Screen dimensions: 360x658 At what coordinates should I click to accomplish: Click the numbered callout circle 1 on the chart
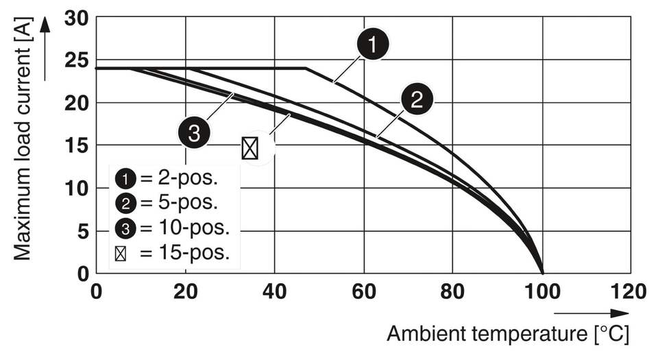tap(372, 45)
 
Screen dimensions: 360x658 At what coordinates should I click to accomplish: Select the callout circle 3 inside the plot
tap(194, 132)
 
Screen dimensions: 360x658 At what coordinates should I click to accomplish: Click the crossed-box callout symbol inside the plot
tap(250, 148)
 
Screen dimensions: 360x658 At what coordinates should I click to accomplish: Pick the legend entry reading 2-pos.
tap(168, 179)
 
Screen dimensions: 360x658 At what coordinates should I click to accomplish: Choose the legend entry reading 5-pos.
tap(168, 202)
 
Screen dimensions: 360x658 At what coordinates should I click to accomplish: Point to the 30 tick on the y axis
tap(77, 17)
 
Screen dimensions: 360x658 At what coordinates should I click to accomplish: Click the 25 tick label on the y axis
tap(77, 60)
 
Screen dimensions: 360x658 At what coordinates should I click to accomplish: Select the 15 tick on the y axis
tap(77, 145)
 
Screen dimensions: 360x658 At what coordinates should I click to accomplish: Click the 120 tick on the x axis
tap(629, 291)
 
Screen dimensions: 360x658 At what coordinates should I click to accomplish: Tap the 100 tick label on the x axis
tap(541, 291)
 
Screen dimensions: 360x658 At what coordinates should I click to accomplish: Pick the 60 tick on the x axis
tap(363, 291)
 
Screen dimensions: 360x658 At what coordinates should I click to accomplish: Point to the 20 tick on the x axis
tap(185, 291)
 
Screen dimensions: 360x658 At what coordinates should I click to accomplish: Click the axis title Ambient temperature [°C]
tap(507, 334)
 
